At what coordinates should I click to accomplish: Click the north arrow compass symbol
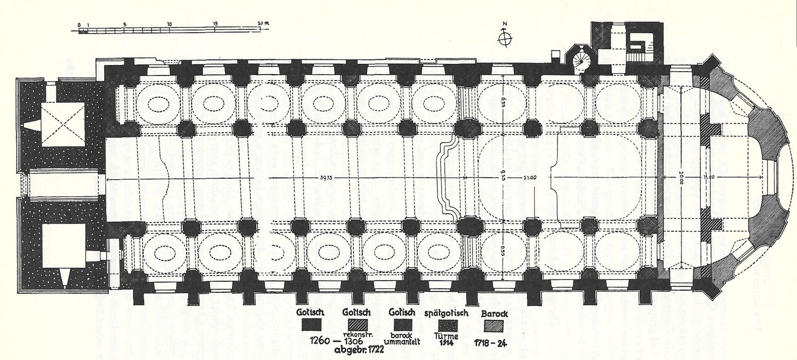[505, 38]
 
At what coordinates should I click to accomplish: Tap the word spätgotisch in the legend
[447, 313]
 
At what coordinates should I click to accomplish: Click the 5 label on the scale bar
[125, 24]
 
